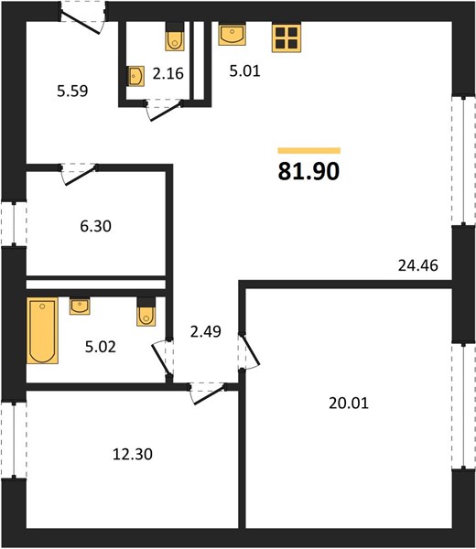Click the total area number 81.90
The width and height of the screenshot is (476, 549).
click(x=308, y=171)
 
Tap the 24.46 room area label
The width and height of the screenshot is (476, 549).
click(x=417, y=265)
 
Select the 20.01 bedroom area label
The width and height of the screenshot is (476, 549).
click(x=349, y=403)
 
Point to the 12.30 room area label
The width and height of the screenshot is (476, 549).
click(x=133, y=454)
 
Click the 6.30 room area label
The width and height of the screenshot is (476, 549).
click(x=95, y=226)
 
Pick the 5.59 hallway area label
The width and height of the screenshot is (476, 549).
click(x=72, y=91)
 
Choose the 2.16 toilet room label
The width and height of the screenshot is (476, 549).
click(x=168, y=73)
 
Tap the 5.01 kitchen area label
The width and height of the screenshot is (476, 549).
click(x=244, y=70)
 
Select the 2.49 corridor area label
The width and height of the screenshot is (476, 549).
click(x=206, y=331)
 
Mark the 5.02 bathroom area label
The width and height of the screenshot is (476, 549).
click(x=100, y=347)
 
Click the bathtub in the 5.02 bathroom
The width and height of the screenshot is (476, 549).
click(x=42, y=330)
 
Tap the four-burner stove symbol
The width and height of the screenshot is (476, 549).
click(x=287, y=38)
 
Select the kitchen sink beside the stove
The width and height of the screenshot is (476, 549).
click(x=232, y=35)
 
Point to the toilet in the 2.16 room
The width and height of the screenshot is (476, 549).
click(x=175, y=37)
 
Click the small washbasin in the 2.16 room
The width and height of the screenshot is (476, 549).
click(x=135, y=76)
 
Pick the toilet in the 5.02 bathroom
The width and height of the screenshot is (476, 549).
click(x=146, y=312)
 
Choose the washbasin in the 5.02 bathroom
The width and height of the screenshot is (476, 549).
click(x=80, y=307)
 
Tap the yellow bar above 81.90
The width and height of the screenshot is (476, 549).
click(x=309, y=151)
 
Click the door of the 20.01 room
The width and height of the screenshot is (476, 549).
click(x=249, y=350)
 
